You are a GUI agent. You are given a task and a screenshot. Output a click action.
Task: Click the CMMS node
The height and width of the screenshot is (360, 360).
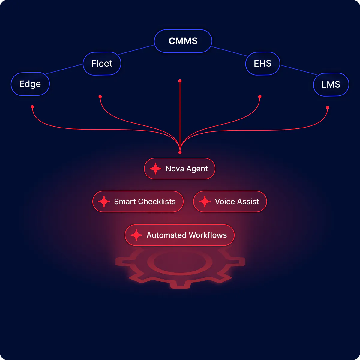[x=183, y=41]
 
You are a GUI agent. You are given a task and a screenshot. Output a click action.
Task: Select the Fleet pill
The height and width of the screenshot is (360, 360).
[x=102, y=64]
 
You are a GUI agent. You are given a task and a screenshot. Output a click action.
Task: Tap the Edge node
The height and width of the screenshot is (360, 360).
[x=30, y=84]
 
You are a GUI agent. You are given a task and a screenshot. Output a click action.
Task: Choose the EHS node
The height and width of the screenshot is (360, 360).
[x=262, y=64]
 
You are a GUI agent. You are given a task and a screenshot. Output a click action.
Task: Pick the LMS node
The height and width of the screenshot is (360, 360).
[x=331, y=85]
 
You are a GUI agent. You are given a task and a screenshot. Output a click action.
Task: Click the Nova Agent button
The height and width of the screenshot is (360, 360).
[x=180, y=169]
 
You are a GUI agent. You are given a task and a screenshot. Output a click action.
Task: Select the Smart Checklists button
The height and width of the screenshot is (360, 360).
[x=138, y=202]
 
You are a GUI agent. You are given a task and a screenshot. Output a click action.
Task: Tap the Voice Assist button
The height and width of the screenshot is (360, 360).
[x=230, y=202]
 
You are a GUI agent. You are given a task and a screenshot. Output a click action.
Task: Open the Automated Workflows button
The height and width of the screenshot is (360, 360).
[x=180, y=235]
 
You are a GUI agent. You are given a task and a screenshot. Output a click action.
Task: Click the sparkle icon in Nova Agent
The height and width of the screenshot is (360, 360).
[x=155, y=169]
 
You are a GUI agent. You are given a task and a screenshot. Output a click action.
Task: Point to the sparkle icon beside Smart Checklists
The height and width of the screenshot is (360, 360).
[x=104, y=202]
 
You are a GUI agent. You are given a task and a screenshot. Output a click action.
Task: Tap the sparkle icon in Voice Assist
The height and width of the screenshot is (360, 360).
[x=205, y=202]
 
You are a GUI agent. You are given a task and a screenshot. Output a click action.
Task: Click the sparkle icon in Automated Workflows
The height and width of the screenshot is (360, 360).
[x=136, y=235]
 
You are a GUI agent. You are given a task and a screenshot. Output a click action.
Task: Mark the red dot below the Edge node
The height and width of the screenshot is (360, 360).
[x=32, y=107]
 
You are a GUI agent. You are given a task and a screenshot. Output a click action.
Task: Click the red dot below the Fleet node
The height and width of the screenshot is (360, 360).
[x=100, y=97]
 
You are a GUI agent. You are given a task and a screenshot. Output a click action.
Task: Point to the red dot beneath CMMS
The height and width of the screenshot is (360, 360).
[x=180, y=81]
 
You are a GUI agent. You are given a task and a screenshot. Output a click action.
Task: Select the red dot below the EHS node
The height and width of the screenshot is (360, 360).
[x=260, y=97]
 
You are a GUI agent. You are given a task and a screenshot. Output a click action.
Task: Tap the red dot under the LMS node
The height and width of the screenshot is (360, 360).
[x=328, y=107]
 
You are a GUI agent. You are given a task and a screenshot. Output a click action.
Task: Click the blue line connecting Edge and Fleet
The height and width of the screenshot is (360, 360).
[x=64, y=69]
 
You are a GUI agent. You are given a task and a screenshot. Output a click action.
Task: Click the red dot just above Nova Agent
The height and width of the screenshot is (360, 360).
[x=180, y=152]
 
